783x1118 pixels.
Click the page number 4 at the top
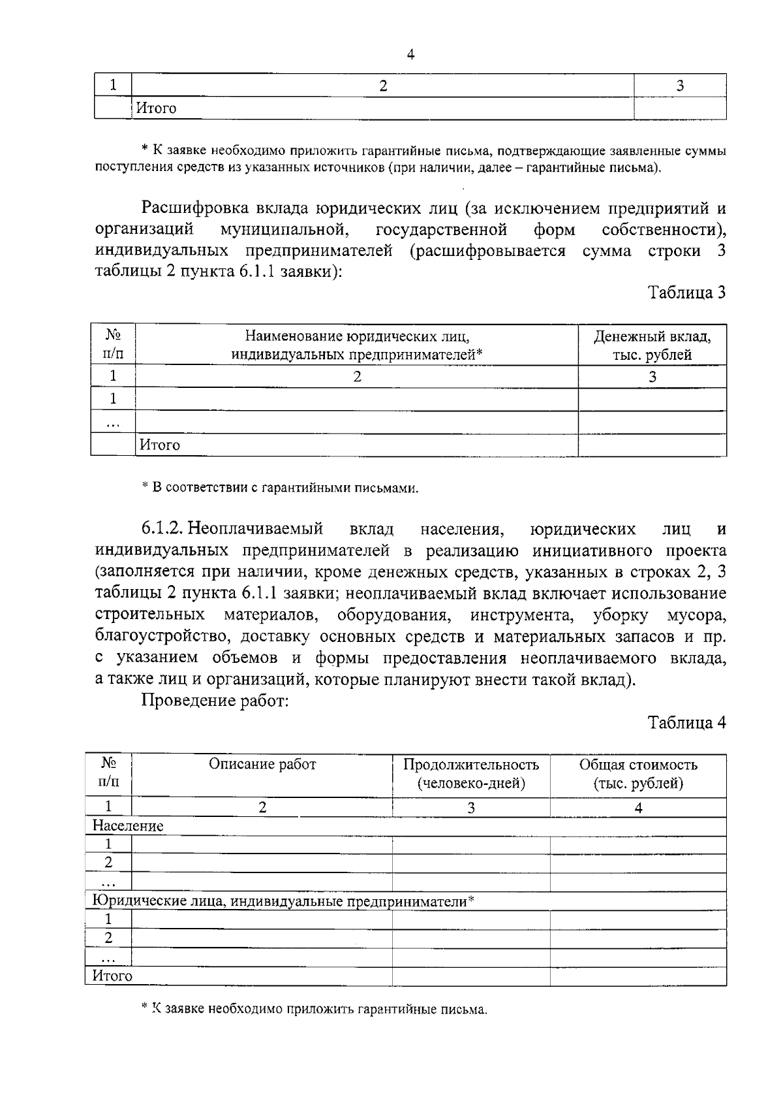click(410, 56)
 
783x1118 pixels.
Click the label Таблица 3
click(686, 293)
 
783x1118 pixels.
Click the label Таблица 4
click(686, 722)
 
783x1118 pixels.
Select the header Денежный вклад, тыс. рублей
click(652, 345)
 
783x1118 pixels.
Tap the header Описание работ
click(262, 764)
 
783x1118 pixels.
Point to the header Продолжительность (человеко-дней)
click(471, 774)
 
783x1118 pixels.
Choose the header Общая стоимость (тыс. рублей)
click(638, 774)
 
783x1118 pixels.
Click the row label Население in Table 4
click(128, 826)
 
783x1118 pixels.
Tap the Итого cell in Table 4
click(112, 976)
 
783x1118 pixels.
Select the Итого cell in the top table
click(156, 108)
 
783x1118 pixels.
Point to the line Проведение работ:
click(215, 701)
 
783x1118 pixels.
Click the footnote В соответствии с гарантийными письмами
click(281, 488)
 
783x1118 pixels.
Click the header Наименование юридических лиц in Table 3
click(357, 345)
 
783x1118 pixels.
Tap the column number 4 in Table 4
click(638, 808)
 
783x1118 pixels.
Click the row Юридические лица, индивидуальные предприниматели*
click(283, 902)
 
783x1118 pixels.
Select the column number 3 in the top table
click(680, 86)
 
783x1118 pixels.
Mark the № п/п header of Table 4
click(108, 773)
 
